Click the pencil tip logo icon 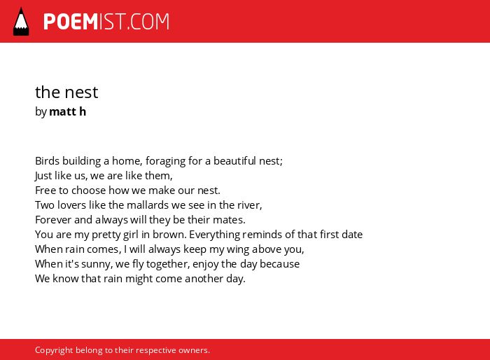(x=21, y=22)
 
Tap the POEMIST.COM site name (x=106, y=22)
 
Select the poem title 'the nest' (x=66, y=92)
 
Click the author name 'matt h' (x=67, y=111)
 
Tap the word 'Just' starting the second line (x=43, y=176)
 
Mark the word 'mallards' (x=148, y=205)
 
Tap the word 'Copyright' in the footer (x=54, y=350)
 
